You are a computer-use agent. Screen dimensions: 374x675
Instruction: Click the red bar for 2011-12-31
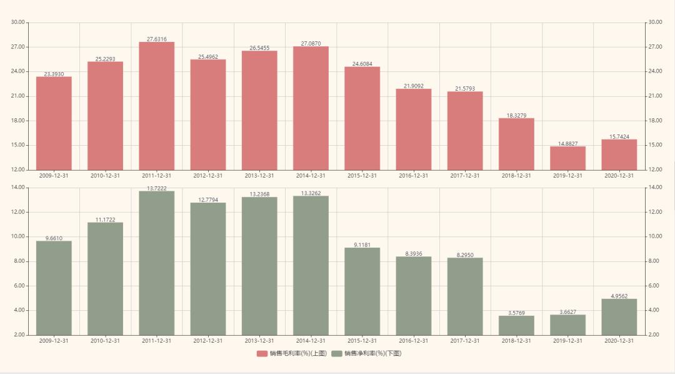(x=157, y=106)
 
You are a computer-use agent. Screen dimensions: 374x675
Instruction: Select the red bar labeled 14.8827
(x=567, y=158)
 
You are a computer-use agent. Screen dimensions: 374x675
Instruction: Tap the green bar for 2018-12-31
(x=516, y=325)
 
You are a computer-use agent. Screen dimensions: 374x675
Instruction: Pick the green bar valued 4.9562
(x=619, y=316)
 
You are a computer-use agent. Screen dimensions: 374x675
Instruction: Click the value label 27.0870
(x=311, y=44)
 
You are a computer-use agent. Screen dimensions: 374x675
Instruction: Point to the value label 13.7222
(x=157, y=188)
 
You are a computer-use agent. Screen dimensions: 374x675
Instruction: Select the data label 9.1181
(x=362, y=245)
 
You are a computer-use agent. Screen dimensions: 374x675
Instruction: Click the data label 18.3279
(x=516, y=115)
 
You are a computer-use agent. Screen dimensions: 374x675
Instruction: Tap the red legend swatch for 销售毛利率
(x=262, y=354)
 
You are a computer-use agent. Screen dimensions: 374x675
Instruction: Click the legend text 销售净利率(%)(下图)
(x=372, y=354)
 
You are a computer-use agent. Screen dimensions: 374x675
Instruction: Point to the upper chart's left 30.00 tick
(x=18, y=22)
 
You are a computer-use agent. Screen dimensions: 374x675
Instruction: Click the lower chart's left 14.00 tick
(x=18, y=188)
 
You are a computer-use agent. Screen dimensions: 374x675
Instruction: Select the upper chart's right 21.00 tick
(x=655, y=96)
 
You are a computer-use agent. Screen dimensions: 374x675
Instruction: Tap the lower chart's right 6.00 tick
(x=654, y=286)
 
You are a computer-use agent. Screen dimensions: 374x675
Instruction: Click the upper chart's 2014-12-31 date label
(x=311, y=176)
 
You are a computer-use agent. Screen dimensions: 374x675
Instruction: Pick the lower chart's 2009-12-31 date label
(x=54, y=341)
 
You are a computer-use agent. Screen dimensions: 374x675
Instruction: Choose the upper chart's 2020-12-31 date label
(x=619, y=176)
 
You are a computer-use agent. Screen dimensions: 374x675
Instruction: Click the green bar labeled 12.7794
(x=208, y=268)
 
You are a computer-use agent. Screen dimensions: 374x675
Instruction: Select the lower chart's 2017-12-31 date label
(x=464, y=341)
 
